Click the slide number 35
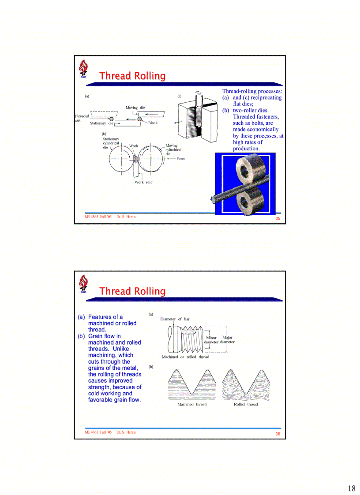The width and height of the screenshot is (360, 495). pos(278,219)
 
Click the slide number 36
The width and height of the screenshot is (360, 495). pos(278,434)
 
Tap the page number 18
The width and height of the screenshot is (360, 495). pos(351,488)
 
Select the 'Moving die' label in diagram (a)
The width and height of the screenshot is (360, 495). pos(135,108)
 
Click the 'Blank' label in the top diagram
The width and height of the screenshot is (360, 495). pos(153,123)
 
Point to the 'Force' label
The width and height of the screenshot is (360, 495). pos(181,158)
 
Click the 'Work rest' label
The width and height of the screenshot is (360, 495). pos(143,182)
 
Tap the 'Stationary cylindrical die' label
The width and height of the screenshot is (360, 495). pos(111,143)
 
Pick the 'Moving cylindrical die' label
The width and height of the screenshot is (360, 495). pos(173,149)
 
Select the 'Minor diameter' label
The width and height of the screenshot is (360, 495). pos(211,340)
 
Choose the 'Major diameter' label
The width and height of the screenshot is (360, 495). pos(227,339)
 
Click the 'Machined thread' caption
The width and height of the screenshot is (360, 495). pos(191,404)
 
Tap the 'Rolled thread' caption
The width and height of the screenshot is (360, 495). pos(246,404)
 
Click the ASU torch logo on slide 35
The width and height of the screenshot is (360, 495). pos(83,69)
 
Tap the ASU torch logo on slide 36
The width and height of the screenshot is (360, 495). pos(83,284)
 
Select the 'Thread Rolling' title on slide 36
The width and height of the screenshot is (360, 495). pos(132,291)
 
